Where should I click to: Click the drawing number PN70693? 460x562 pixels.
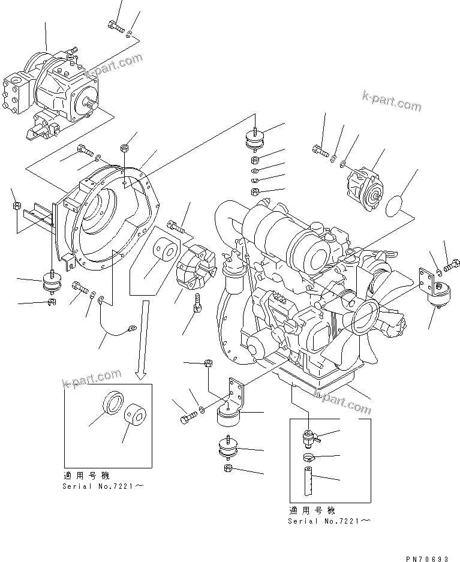(x=426, y=558)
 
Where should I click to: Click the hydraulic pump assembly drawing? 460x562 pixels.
(x=50, y=92)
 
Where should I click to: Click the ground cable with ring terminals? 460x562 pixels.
(x=116, y=324)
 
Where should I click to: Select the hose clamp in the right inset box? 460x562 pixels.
(x=308, y=458)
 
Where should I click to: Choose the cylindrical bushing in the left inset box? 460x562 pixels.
(x=135, y=416)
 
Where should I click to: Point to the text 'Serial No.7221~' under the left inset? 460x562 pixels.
(x=103, y=486)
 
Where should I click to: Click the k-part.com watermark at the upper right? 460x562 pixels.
(x=392, y=101)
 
